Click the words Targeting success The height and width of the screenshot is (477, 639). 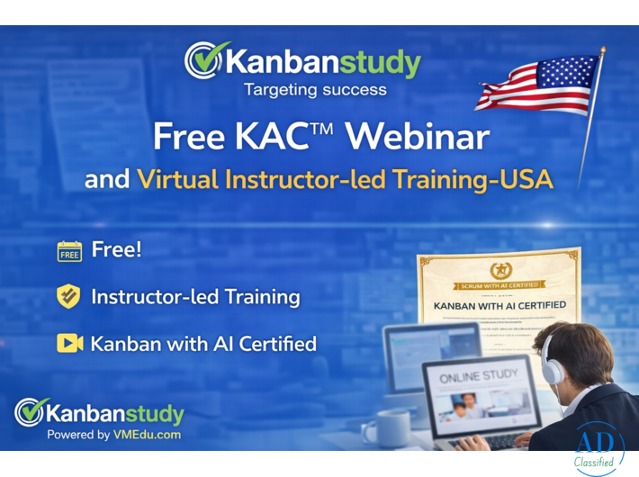click(314, 90)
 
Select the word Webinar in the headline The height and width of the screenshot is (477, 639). click(418, 137)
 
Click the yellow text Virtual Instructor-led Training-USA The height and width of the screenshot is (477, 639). click(345, 179)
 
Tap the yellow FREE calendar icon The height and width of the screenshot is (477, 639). click(69, 251)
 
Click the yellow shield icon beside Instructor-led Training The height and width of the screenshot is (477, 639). click(69, 296)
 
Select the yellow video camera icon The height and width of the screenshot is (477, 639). click(69, 343)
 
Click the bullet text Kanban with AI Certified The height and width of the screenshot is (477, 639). click(203, 343)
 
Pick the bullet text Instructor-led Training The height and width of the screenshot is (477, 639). click(195, 296)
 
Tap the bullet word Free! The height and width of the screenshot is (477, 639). click(116, 250)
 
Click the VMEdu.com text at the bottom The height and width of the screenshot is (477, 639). click(147, 435)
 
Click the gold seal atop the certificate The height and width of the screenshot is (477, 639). click(499, 270)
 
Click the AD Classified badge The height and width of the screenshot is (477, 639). click(597, 448)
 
